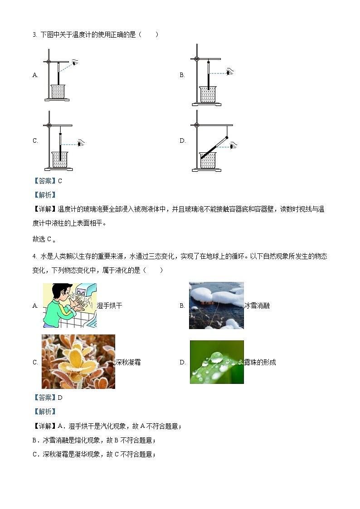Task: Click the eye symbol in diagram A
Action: click(x=74, y=63)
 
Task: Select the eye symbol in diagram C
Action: click(x=80, y=144)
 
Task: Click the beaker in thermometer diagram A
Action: click(x=58, y=92)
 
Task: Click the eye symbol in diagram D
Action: click(x=233, y=145)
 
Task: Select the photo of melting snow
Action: click(x=216, y=305)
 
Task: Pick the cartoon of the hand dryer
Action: click(x=69, y=305)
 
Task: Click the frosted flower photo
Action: click(x=78, y=362)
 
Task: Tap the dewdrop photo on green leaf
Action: click(x=217, y=362)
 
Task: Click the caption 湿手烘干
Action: click(x=109, y=305)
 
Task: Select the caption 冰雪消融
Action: click(x=257, y=305)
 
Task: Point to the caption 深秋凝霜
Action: click(x=128, y=362)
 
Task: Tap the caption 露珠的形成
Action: click(x=260, y=362)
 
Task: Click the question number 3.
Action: click(x=34, y=34)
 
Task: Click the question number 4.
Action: click(x=34, y=256)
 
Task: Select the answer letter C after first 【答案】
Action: click(x=60, y=181)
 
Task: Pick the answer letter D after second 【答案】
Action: click(x=60, y=398)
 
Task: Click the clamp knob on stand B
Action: click(x=197, y=59)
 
